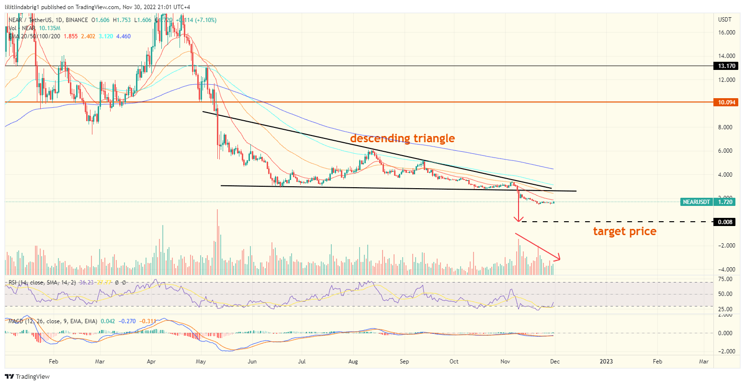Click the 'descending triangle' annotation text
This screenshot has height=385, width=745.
coord(402,138)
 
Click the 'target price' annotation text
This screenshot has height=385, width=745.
coord(624,231)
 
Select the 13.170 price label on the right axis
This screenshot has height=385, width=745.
coord(727,66)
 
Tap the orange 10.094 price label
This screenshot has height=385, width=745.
coord(727,102)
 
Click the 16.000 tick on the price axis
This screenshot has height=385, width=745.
coord(727,33)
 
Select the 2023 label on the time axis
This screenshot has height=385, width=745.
coord(606,362)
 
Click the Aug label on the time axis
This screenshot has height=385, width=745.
coord(353,362)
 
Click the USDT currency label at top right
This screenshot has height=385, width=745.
coord(725,19)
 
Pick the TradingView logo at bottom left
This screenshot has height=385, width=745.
coord(27,377)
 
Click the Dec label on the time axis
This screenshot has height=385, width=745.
coord(555,362)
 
